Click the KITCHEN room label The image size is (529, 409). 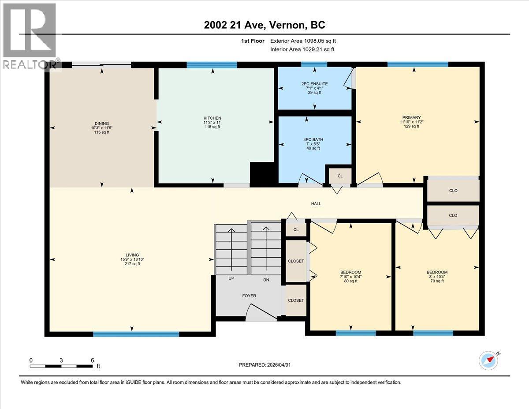[212, 118]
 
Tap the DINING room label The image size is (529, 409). [101, 124]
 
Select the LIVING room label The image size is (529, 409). [132, 255]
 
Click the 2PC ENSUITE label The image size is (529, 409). [314, 84]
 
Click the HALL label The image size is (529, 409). [316, 204]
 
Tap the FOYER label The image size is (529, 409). [249, 296]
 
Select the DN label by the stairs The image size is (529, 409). [266, 280]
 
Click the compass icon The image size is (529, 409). [488, 360]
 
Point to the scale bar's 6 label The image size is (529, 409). [93, 360]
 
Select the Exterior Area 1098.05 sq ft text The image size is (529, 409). [306, 41]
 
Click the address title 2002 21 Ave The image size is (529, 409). [264, 25]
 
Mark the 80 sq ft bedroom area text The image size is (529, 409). [351, 281]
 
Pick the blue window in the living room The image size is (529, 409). [136, 334]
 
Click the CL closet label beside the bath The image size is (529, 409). [340, 176]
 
